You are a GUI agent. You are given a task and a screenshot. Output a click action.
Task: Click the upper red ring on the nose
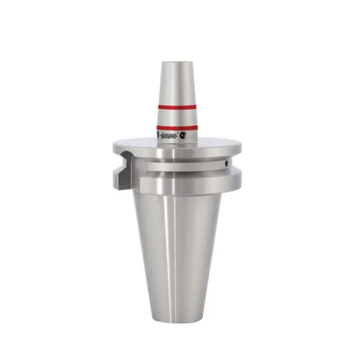[x=177, y=107]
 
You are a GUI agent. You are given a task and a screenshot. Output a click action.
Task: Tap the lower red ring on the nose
[x=177, y=127]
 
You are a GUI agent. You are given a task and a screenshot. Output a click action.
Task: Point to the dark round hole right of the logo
[x=183, y=135]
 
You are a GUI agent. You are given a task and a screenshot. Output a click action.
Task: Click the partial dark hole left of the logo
[x=157, y=135]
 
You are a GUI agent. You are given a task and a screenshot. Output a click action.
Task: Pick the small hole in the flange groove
[x=227, y=163]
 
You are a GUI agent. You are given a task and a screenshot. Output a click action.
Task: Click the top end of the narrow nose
[x=176, y=62]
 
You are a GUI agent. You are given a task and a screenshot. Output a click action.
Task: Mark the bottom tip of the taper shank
[x=176, y=320]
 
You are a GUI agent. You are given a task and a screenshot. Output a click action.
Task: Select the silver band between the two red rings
[x=177, y=117]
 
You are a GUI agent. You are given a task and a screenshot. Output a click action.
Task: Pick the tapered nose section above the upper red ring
[x=176, y=83]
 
